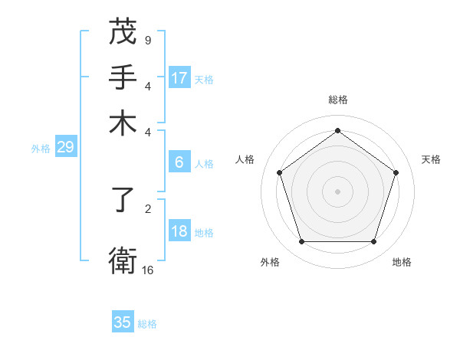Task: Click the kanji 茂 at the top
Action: (x=123, y=32)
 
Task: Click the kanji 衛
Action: (x=123, y=260)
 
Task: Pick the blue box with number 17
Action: (x=179, y=78)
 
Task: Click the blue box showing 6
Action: (x=179, y=162)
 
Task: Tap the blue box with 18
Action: (x=179, y=232)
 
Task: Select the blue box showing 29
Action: (x=65, y=148)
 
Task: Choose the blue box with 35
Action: (x=123, y=322)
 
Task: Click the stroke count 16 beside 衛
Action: (x=148, y=270)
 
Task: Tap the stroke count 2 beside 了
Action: (x=148, y=207)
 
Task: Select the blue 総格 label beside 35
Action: (x=147, y=324)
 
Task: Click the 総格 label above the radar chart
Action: (x=337, y=100)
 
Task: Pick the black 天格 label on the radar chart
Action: (x=432, y=159)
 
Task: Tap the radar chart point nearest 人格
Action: (x=279, y=172)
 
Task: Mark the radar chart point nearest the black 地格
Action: (x=373, y=242)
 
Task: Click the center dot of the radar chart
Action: (x=337, y=191)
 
